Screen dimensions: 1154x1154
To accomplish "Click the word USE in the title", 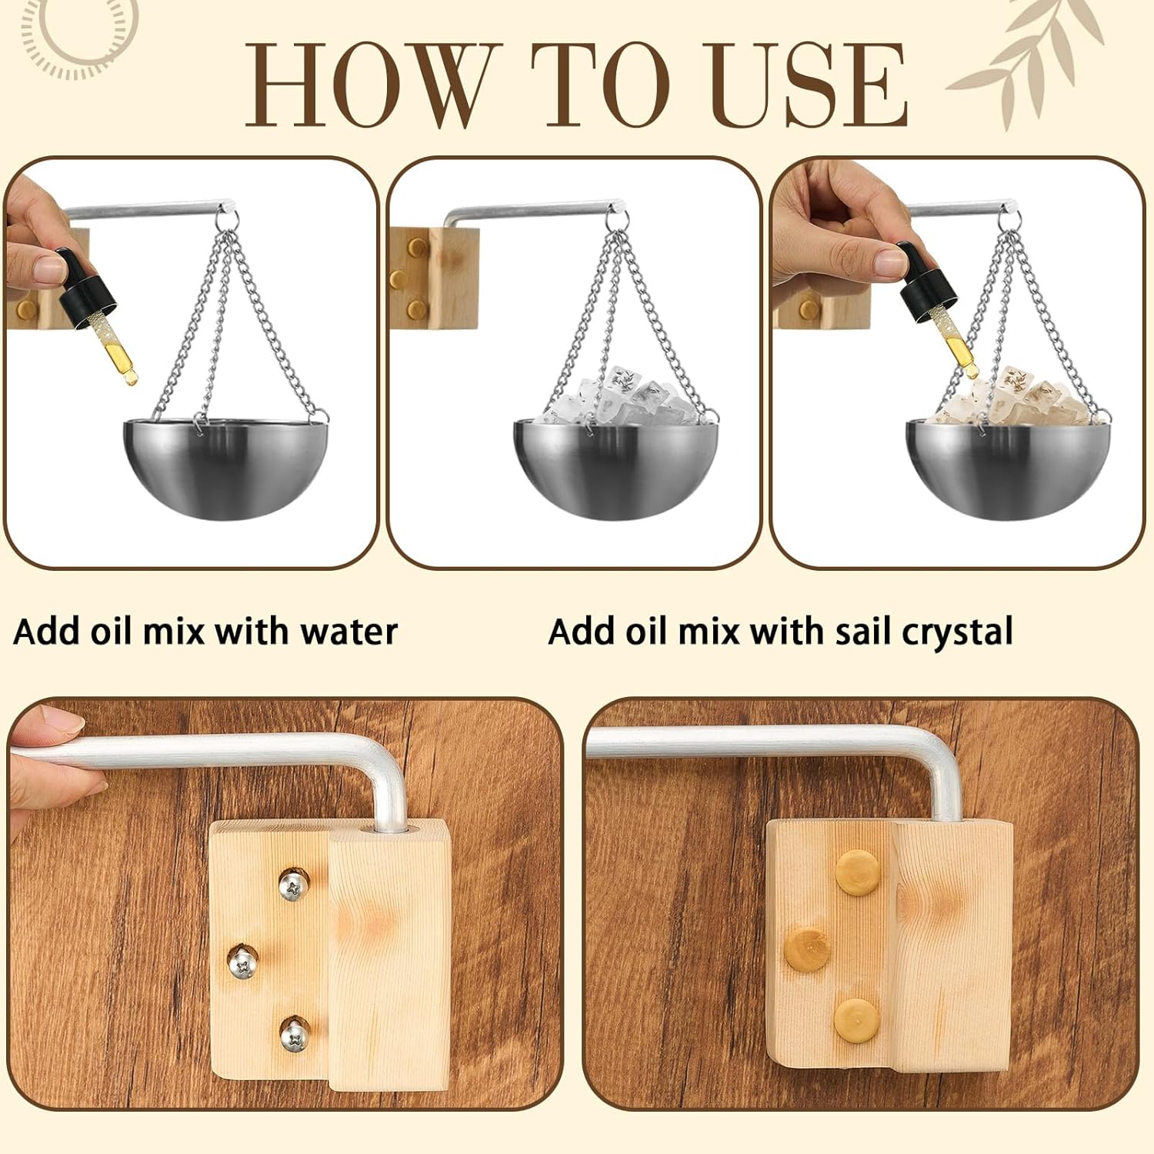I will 808,85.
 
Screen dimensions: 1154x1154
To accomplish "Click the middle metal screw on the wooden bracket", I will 243,961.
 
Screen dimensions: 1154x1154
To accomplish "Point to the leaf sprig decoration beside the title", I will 1031,62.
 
